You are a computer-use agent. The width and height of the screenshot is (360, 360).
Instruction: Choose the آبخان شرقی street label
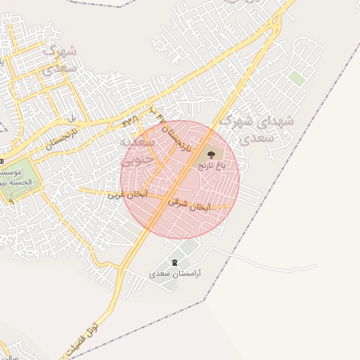click(189, 205)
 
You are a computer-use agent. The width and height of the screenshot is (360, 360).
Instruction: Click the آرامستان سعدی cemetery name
click(175, 272)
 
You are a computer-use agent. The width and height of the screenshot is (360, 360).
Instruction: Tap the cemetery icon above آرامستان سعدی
click(175, 262)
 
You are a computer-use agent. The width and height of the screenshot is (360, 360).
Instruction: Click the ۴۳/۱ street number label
click(131, 121)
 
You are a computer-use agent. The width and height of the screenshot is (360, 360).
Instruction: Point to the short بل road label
click(70, 117)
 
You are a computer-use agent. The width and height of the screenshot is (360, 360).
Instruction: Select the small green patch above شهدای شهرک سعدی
click(297, 78)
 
